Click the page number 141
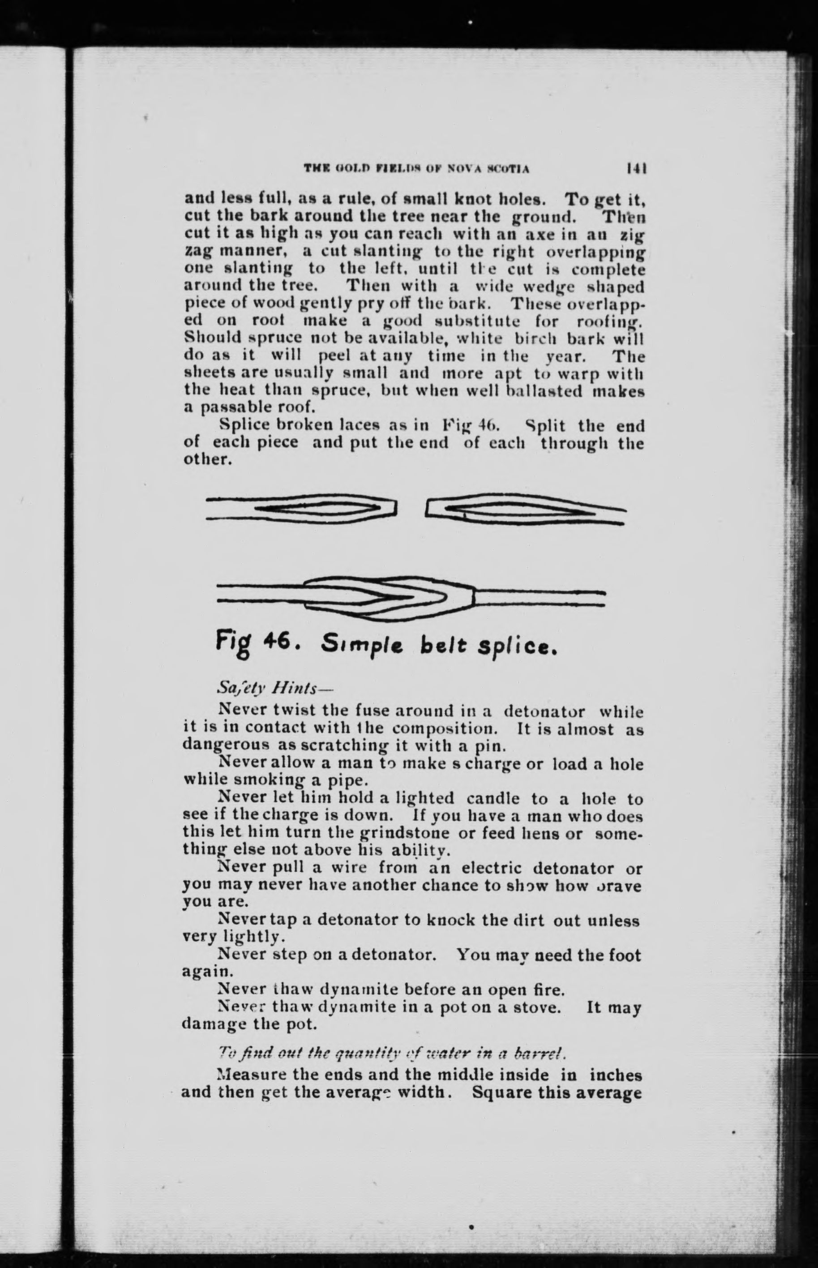point(636,168)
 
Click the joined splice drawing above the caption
point(411,598)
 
